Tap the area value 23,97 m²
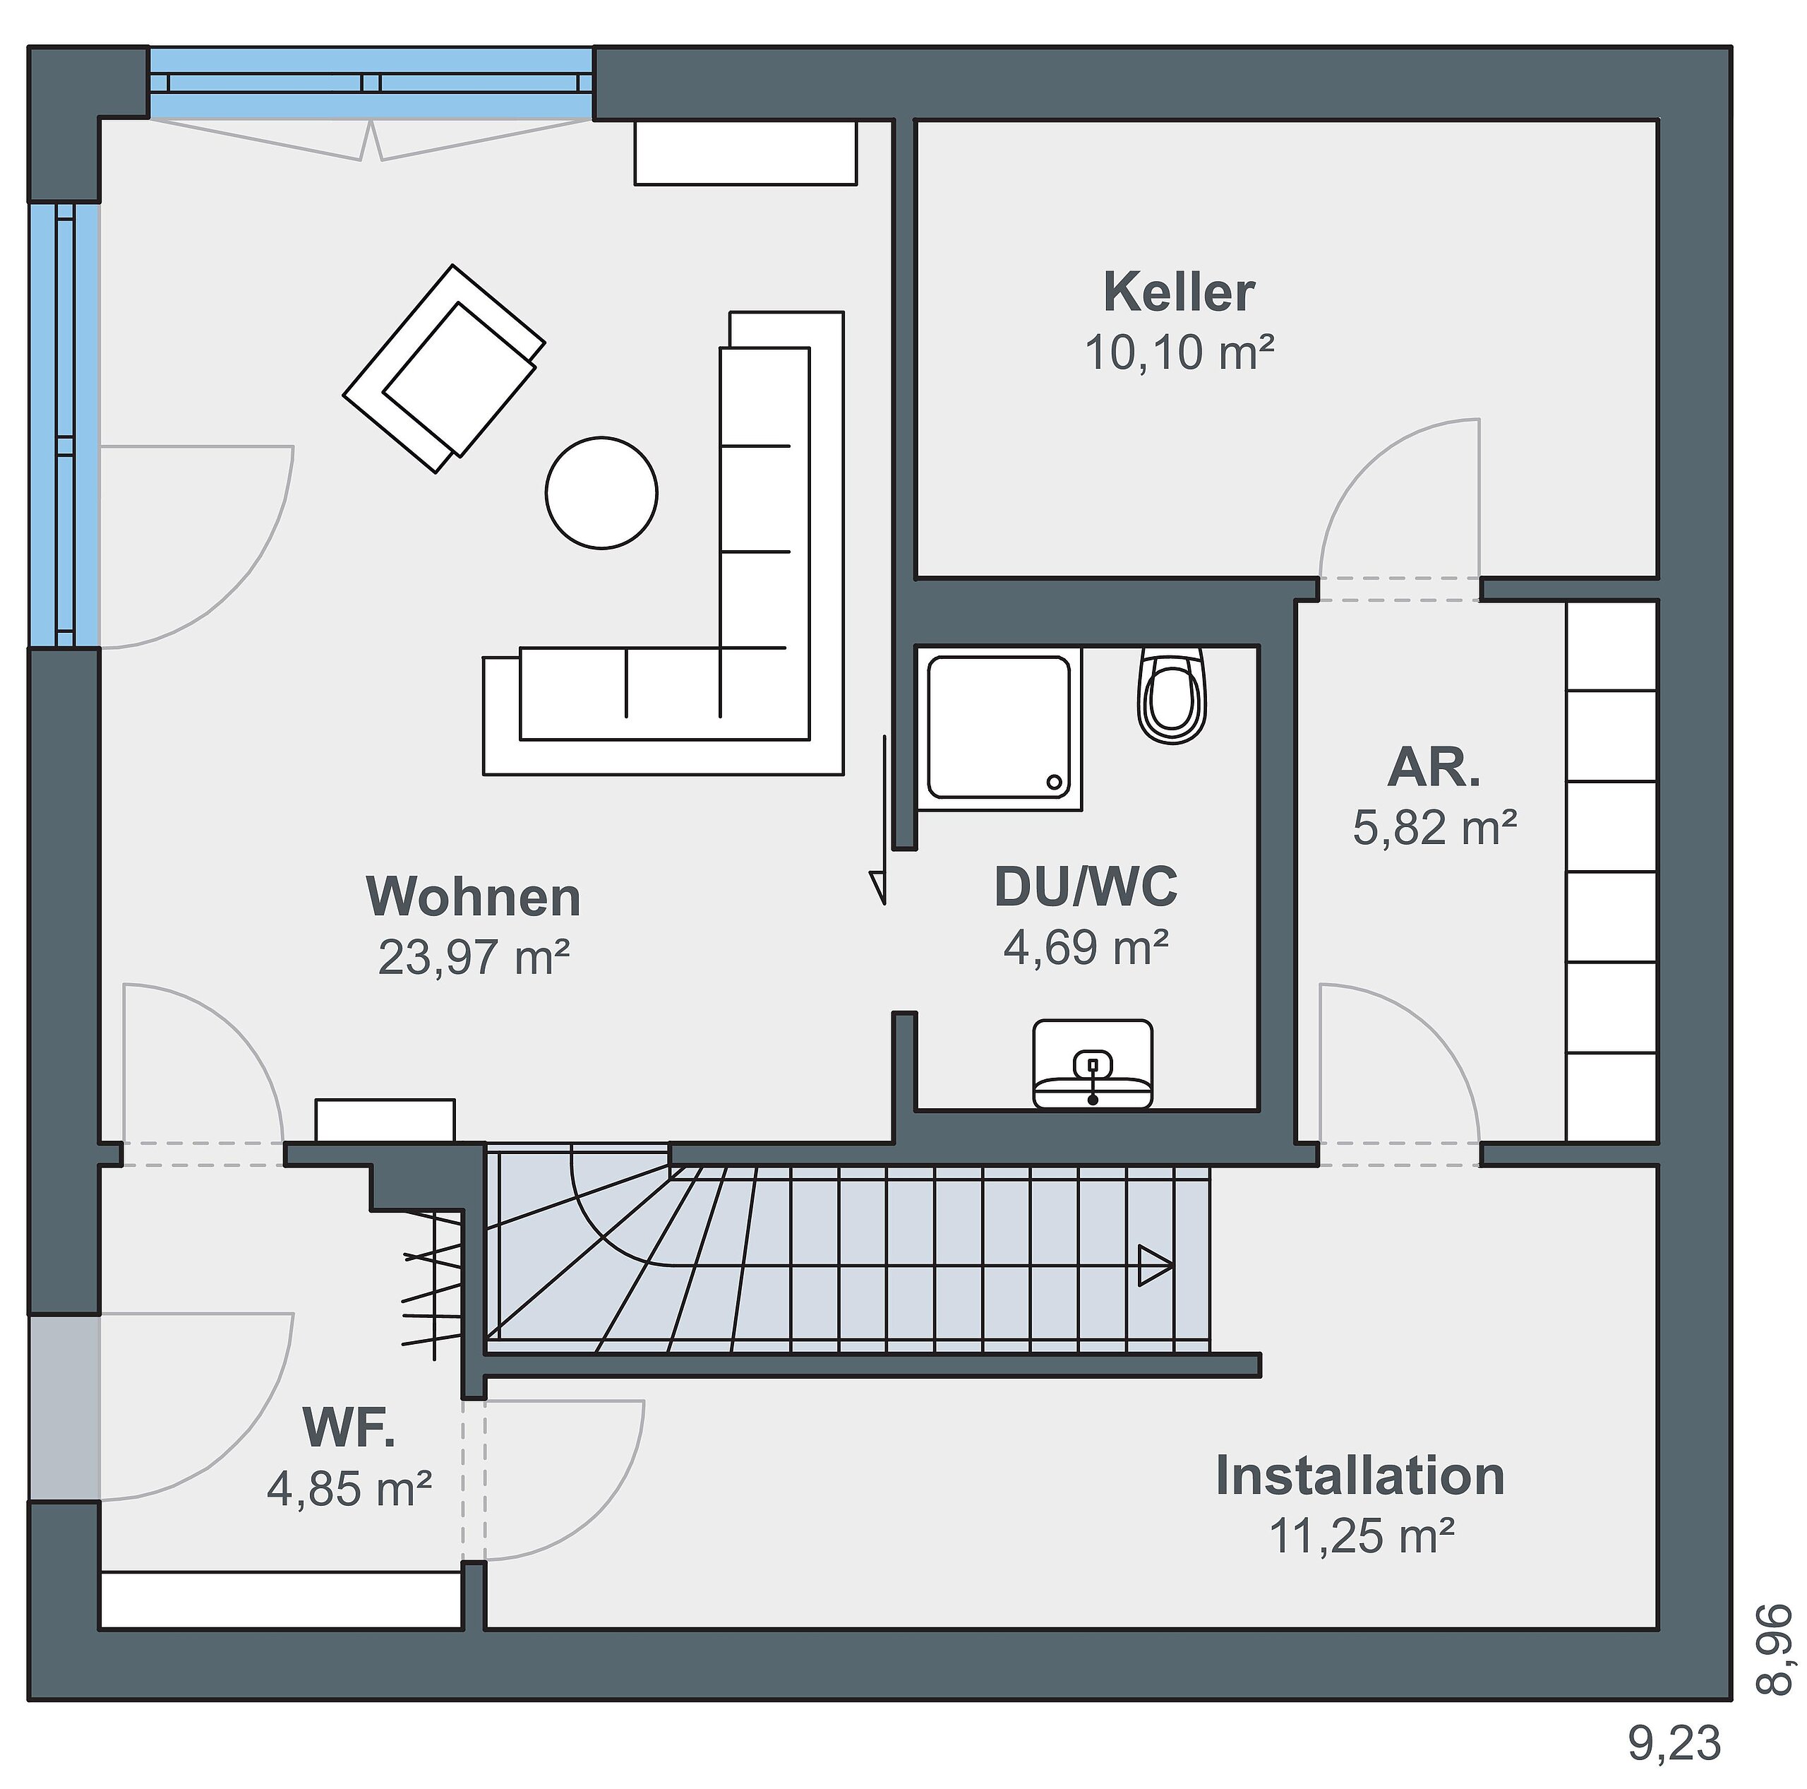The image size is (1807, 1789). coord(474,957)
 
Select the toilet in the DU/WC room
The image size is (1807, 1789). coord(1172,695)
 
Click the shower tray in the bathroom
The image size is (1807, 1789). coord(999,727)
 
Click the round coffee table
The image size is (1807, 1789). coord(601,492)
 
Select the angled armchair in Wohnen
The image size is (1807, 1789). coord(444,369)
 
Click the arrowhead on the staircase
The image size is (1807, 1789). coord(1156,1266)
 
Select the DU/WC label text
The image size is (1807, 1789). coord(1086,886)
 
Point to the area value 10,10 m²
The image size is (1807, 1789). coord(1179,352)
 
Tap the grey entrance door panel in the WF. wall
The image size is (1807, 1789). coord(64,1407)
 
